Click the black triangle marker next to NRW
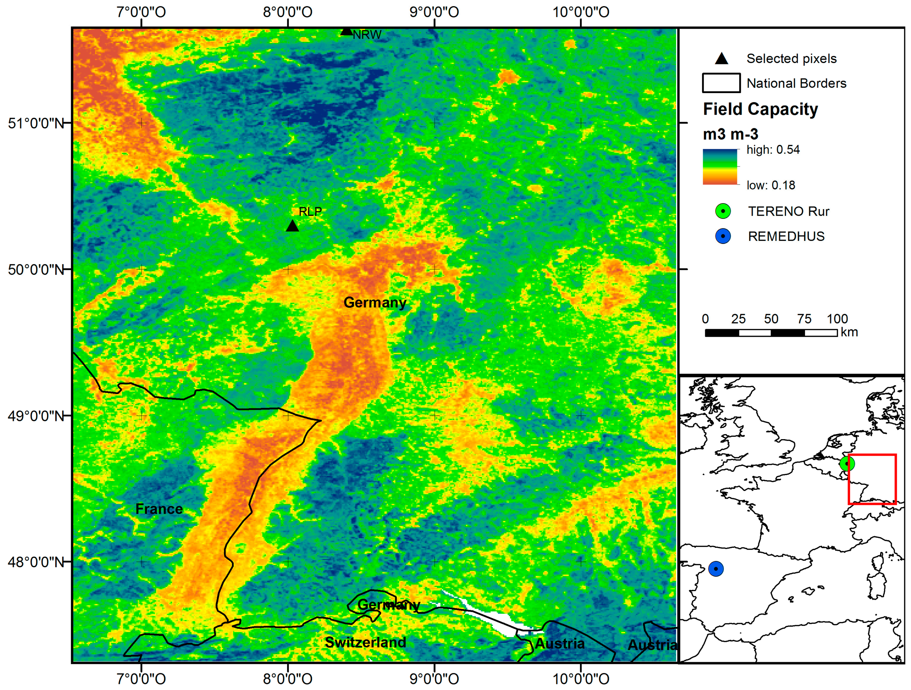pyautogui.click(x=347, y=31)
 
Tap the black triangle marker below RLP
pyautogui.click(x=292, y=226)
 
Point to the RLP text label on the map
pyautogui.click(x=310, y=211)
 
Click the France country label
pyautogui.click(x=159, y=509)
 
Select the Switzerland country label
pyautogui.click(x=365, y=642)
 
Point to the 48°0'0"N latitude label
pyautogui.click(x=36, y=562)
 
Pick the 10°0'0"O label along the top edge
pyautogui.click(x=581, y=12)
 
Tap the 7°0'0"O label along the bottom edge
pyautogui.click(x=141, y=678)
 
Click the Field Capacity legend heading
pyautogui.click(x=760, y=109)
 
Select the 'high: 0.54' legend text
pyautogui.click(x=773, y=149)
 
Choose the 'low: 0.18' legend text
pyautogui.click(x=771, y=185)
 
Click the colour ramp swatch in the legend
pyautogui.click(x=720, y=166)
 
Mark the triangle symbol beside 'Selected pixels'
pyautogui.click(x=721, y=59)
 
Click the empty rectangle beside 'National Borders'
pyautogui.click(x=721, y=83)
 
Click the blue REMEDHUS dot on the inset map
pyautogui.click(x=716, y=569)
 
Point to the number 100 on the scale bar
pyautogui.click(x=837, y=318)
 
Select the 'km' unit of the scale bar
pyautogui.click(x=849, y=332)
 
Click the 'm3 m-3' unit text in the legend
pyautogui.click(x=730, y=134)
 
